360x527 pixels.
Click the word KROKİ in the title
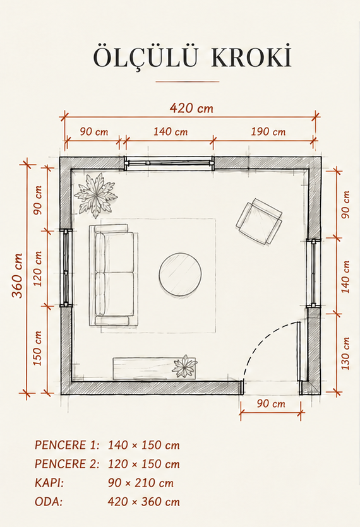pos(251,57)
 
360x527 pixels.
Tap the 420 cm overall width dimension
pos(191,108)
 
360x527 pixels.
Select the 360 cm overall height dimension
pos(18,276)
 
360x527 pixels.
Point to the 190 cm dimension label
pos(268,131)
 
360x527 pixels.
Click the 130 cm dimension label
pos(345,353)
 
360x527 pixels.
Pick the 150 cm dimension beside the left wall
pos(38,348)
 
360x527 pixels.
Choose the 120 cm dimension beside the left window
pos(38,269)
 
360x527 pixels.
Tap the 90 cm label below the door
pos(271,404)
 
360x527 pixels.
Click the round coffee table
pos(181,275)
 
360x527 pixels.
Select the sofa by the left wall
pos(114,275)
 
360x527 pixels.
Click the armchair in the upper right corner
pos(259,221)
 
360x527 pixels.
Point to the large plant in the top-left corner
pos(96,195)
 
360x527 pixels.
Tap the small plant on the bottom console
pos(184,366)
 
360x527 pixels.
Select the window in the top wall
pos(169,163)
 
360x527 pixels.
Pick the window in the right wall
pos(313,273)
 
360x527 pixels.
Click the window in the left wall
pos(66,268)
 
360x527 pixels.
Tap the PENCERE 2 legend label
pos(67,464)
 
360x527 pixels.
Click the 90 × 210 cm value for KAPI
pos(141,483)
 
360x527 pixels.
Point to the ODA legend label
pos(49,502)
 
